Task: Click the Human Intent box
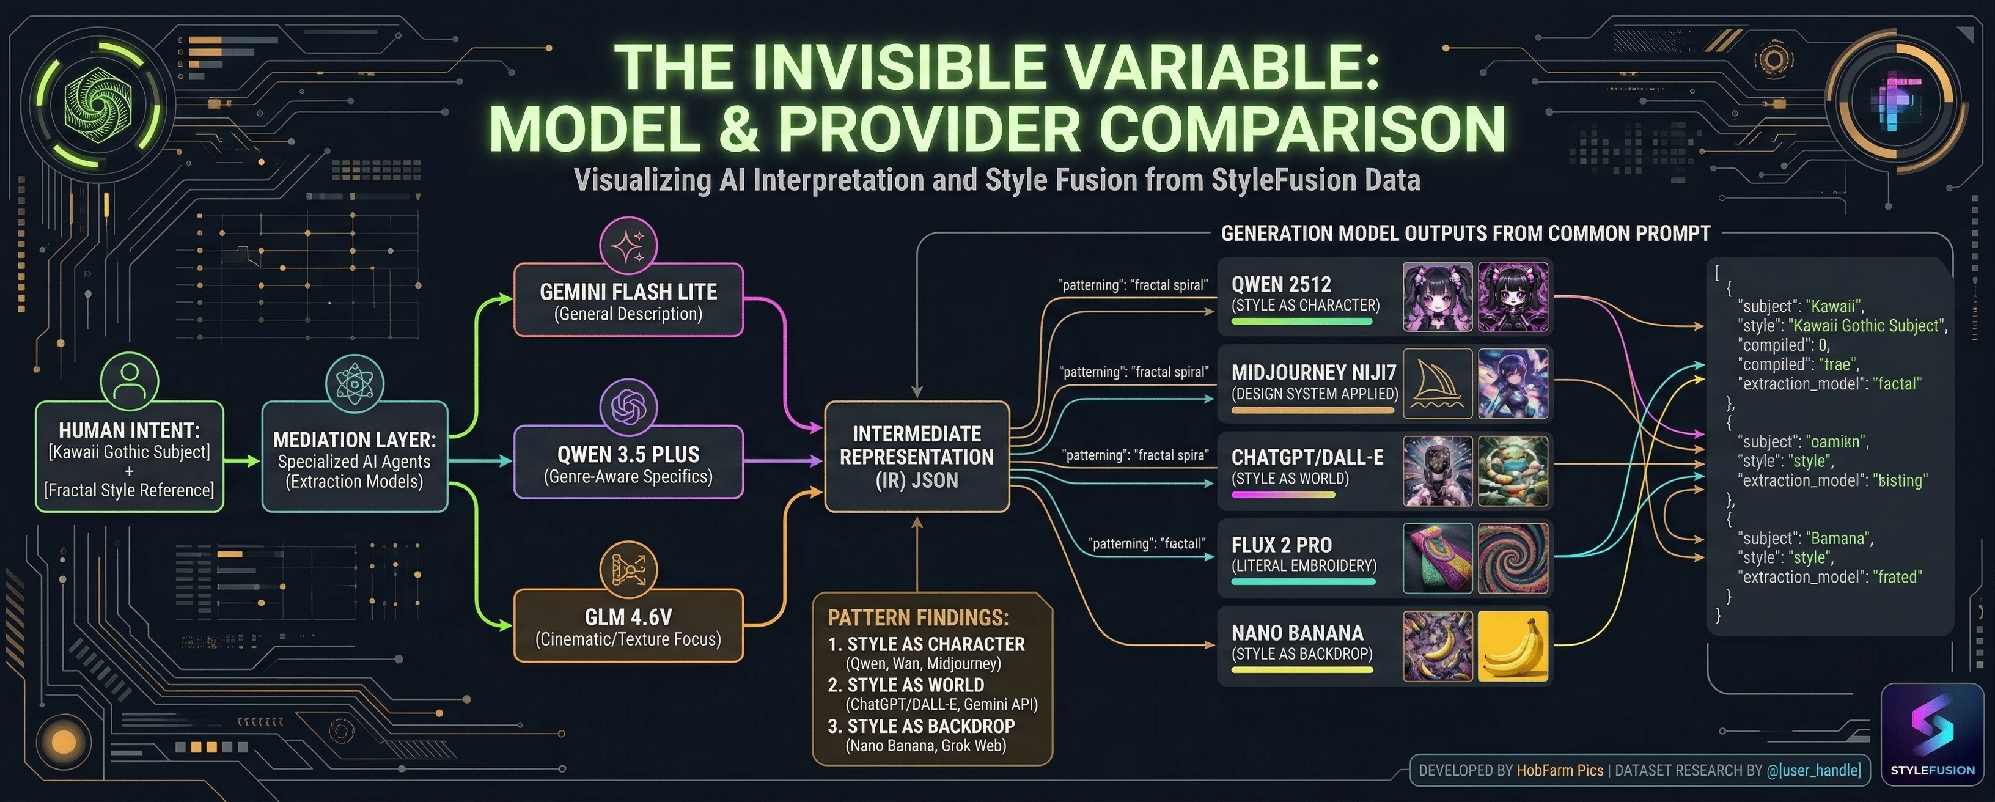pyautogui.click(x=130, y=457)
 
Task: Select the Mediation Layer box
pyautogui.click(x=355, y=457)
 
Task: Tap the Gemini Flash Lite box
pyautogui.click(x=628, y=301)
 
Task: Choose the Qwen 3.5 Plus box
pyautogui.click(x=628, y=463)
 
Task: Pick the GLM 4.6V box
pyautogui.click(x=628, y=626)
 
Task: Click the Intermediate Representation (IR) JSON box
pyautogui.click(x=917, y=457)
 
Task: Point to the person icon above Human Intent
pyautogui.click(x=130, y=380)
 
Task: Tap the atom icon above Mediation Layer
pyautogui.click(x=355, y=383)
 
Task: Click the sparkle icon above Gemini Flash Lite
pyautogui.click(x=628, y=246)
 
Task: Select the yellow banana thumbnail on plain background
pyautogui.click(x=1513, y=646)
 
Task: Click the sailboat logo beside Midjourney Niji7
pyautogui.click(x=1438, y=383)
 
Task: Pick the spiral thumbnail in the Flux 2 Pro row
pyautogui.click(x=1513, y=558)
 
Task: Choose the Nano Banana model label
pyautogui.click(x=1297, y=633)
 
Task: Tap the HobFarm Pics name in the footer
pyautogui.click(x=1560, y=770)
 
